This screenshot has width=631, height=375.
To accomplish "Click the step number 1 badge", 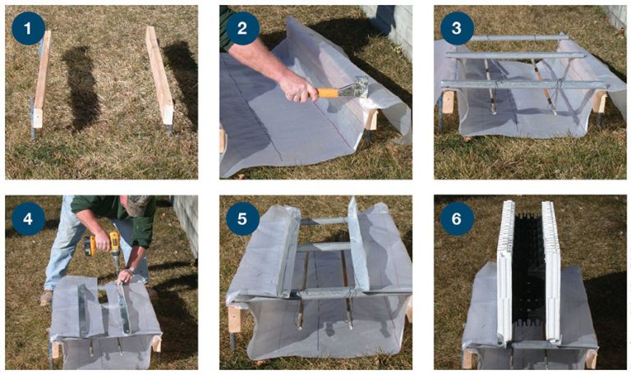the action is [x=28, y=28].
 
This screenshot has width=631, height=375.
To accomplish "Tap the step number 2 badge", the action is [x=242, y=28].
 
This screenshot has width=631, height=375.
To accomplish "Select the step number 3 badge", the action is [x=457, y=28].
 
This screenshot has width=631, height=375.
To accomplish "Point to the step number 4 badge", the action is [x=28, y=218].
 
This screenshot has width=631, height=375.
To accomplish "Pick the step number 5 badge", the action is [x=242, y=218].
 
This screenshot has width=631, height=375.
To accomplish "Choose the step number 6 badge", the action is [x=457, y=218].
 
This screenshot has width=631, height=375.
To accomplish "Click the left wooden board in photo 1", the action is [x=41, y=79].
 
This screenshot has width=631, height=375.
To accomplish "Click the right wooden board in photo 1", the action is [x=159, y=75].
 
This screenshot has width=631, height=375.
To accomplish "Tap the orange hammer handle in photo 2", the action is [x=327, y=93].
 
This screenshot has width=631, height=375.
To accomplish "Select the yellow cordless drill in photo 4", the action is [x=103, y=245].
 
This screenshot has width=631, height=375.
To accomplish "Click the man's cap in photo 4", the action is [x=138, y=204].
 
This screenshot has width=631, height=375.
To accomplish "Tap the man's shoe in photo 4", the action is [x=46, y=297].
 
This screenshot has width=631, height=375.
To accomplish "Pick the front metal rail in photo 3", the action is [x=523, y=85].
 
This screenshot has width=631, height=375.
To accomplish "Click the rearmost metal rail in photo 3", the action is [x=520, y=38].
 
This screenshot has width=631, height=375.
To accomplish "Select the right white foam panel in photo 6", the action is [x=551, y=272].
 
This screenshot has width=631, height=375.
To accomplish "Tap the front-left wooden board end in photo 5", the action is [x=235, y=319].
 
